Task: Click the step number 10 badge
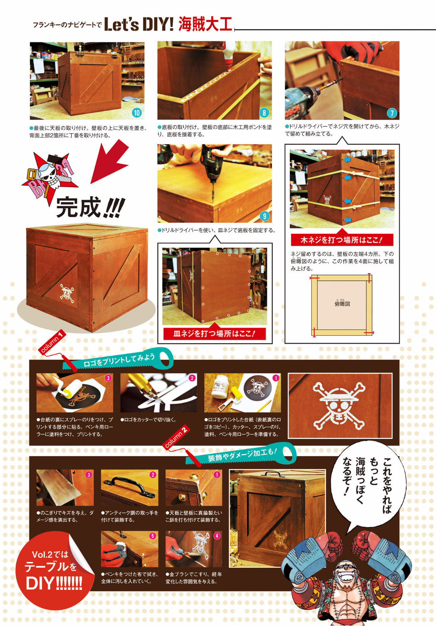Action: [136, 113]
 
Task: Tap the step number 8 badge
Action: [264, 113]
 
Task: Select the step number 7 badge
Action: [392, 113]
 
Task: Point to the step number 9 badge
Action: [264, 216]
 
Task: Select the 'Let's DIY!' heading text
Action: [139, 24]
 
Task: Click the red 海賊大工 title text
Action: [205, 24]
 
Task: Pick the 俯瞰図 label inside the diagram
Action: [342, 304]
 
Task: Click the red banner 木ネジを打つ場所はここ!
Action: [342, 240]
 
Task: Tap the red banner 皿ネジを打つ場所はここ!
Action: [214, 334]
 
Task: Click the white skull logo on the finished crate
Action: [68, 293]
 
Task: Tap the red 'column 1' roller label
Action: [53, 342]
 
